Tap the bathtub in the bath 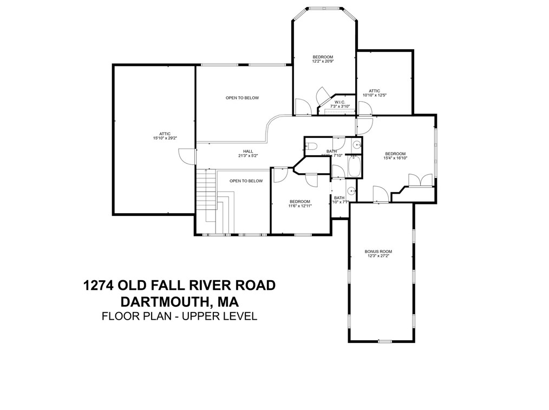tap(356, 166)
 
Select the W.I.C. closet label tap(340, 102)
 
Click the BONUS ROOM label tap(378, 252)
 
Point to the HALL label tap(248, 151)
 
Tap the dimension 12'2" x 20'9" tap(322, 61)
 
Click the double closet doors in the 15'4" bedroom tap(420, 181)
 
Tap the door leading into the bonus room tap(381, 195)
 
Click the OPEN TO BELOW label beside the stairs tap(246, 181)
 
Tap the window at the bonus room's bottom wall tap(384, 341)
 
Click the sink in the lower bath tap(351, 190)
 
